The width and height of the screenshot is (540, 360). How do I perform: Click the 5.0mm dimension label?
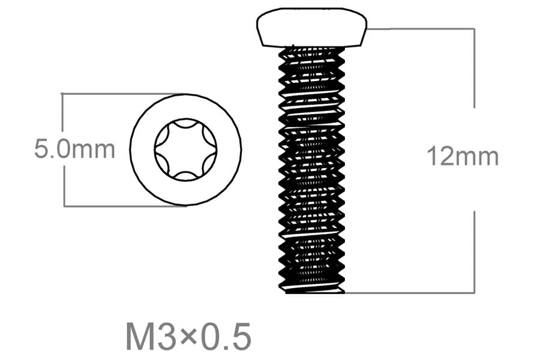(x=74, y=149)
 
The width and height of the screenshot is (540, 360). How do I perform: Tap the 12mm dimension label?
(x=463, y=156)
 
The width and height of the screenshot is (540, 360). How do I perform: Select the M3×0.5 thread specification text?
(x=188, y=336)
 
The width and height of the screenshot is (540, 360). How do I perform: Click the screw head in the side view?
(x=311, y=27)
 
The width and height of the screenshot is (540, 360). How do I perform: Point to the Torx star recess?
(x=185, y=149)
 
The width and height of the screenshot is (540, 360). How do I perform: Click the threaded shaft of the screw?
(x=311, y=170)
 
